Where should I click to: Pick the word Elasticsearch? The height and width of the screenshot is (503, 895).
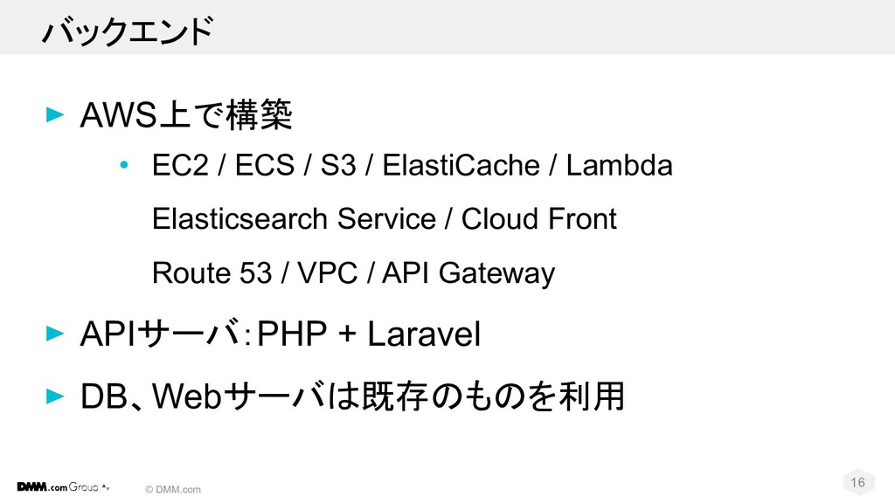(229, 219)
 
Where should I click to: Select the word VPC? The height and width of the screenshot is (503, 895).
(327, 273)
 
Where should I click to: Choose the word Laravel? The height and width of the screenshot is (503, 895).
(424, 334)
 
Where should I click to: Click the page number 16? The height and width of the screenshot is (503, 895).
(857, 483)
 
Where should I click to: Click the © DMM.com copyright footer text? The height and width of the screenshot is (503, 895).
(173, 490)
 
